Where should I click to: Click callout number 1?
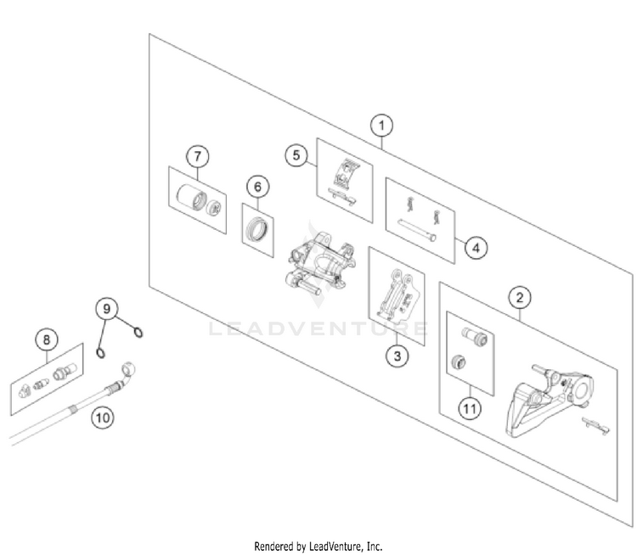[x=382, y=126]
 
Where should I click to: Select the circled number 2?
[x=520, y=297]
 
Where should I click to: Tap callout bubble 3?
[x=396, y=356]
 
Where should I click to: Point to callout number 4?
[x=476, y=248]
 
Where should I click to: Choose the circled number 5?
[x=296, y=155]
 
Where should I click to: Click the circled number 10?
[x=102, y=417]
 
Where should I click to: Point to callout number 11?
[x=469, y=408]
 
